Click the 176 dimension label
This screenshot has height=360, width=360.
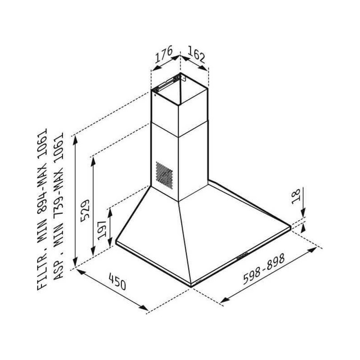coord(164,54)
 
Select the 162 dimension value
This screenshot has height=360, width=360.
coord(196,54)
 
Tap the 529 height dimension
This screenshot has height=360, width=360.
coord(85,211)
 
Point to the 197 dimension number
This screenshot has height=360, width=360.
coord(102,230)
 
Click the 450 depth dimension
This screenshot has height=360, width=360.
coord(117,282)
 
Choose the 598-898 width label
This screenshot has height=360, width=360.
coord(264,269)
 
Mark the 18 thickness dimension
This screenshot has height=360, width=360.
coord(296,196)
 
